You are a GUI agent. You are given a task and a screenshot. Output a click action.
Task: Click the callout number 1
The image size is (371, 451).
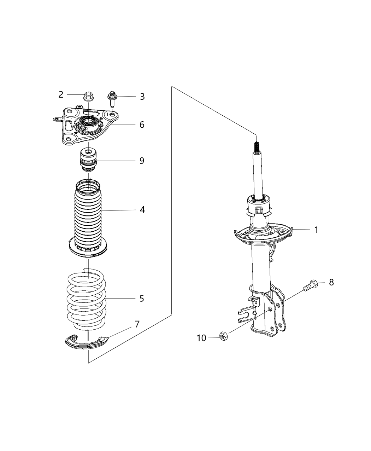(316, 230)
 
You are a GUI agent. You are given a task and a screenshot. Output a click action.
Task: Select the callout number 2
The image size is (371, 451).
(61, 94)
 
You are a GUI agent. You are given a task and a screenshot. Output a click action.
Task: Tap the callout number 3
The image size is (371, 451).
(142, 97)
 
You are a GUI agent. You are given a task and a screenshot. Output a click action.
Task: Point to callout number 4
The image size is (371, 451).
(142, 210)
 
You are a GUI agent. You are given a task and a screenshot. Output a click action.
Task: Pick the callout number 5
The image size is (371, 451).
(142, 299)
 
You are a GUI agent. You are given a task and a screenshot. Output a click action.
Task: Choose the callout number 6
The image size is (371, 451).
(142, 125)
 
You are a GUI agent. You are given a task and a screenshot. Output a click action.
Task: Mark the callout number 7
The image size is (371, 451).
(137, 324)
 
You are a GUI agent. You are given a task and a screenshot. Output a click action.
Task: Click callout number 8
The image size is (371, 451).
(331, 283)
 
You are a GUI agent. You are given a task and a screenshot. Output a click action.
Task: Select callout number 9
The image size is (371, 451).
(142, 161)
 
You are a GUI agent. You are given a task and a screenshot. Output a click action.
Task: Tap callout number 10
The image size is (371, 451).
(201, 338)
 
